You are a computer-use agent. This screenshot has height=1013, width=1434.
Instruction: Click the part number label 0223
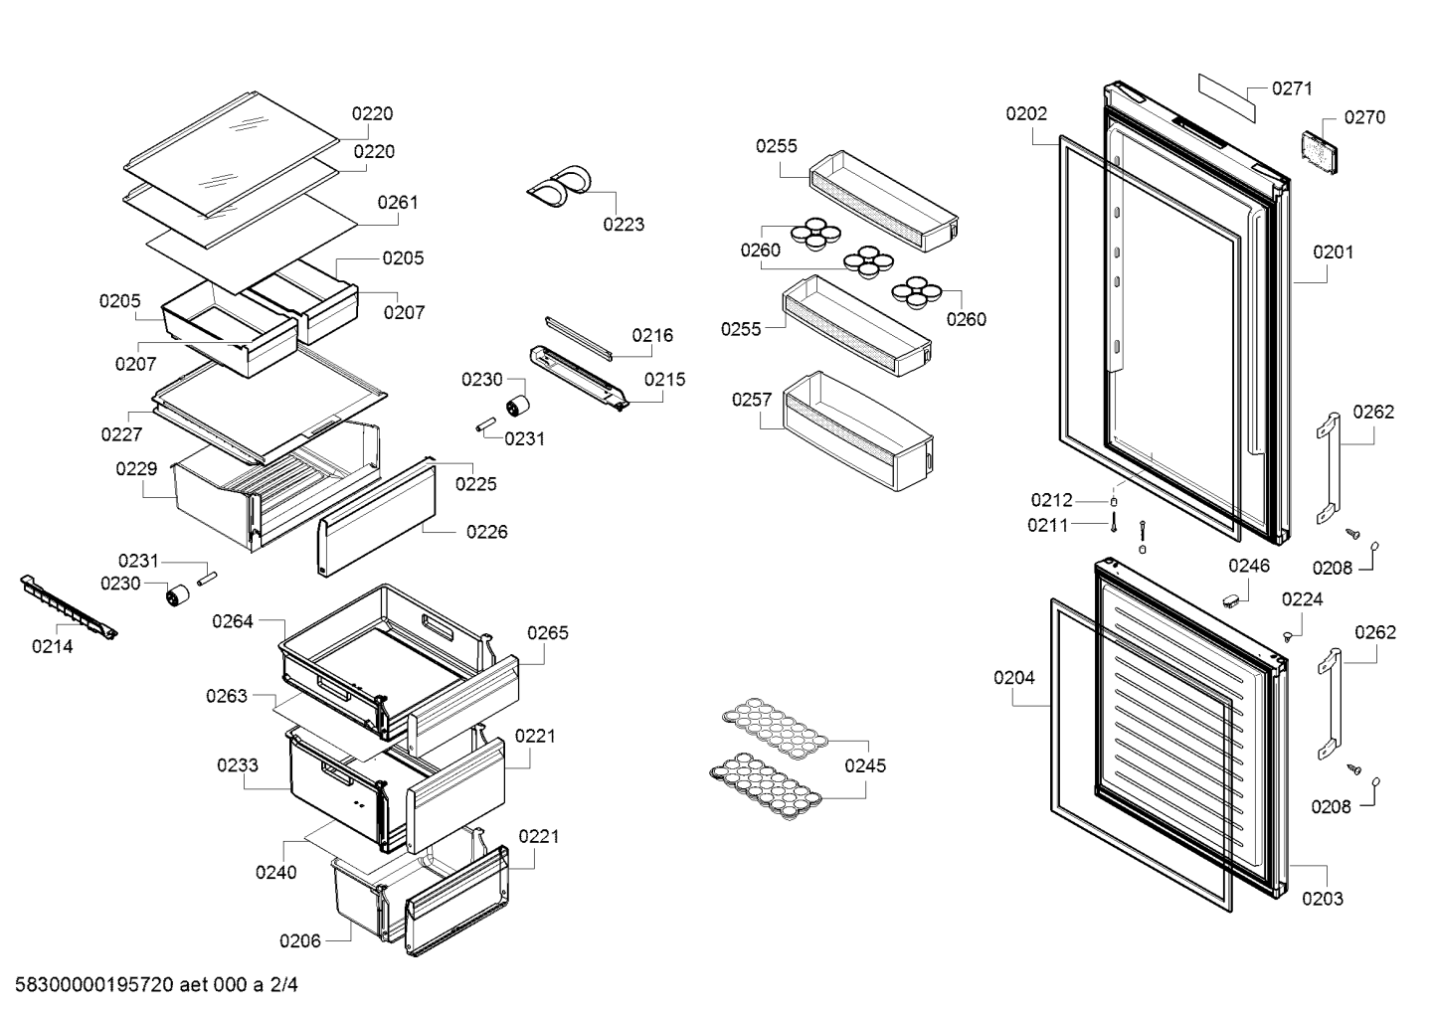pyautogui.click(x=624, y=224)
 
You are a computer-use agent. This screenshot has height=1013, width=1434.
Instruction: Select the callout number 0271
pyautogui.click(x=1292, y=88)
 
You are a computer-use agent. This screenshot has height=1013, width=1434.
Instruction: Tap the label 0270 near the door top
pyautogui.click(x=1364, y=117)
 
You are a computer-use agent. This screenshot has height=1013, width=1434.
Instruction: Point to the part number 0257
pyautogui.click(x=752, y=400)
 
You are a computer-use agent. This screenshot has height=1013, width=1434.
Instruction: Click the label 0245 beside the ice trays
pyautogui.click(x=865, y=765)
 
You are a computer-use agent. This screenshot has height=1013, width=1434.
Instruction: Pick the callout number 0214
pyautogui.click(x=53, y=646)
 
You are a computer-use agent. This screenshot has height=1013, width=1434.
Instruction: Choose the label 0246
pyautogui.click(x=1248, y=566)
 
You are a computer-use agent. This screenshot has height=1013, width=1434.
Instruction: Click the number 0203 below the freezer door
pyautogui.click(x=1323, y=899)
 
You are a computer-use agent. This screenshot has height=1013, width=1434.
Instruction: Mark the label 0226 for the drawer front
pyautogui.click(x=486, y=532)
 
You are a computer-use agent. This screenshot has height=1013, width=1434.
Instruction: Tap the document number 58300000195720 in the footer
pyautogui.click(x=93, y=985)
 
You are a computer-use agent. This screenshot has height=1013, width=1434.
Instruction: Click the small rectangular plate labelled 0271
pyautogui.click(x=1226, y=97)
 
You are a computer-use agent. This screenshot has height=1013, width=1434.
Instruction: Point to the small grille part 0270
pyautogui.click(x=1320, y=152)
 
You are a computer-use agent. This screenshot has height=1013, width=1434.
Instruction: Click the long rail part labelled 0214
pyautogui.click(x=69, y=606)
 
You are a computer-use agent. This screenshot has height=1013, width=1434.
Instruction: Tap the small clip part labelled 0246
pyautogui.click(x=1232, y=600)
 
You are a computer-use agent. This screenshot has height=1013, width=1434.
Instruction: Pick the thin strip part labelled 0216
pyautogui.click(x=579, y=339)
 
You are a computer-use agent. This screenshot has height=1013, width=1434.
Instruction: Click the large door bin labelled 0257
pyautogui.click(x=858, y=431)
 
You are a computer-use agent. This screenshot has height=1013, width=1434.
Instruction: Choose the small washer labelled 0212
pyautogui.click(x=1113, y=502)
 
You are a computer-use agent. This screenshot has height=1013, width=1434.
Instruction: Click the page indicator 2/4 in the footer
pyautogui.click(x=283, y=985)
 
